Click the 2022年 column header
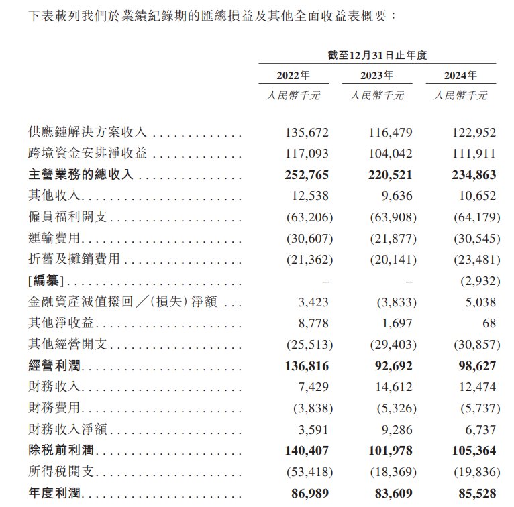pos(293,75)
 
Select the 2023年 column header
pos(376,75)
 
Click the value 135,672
pos(307,132)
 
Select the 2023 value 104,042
pos(391,154)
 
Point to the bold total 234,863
pos(474,175)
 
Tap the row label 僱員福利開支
pos(69,218)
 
